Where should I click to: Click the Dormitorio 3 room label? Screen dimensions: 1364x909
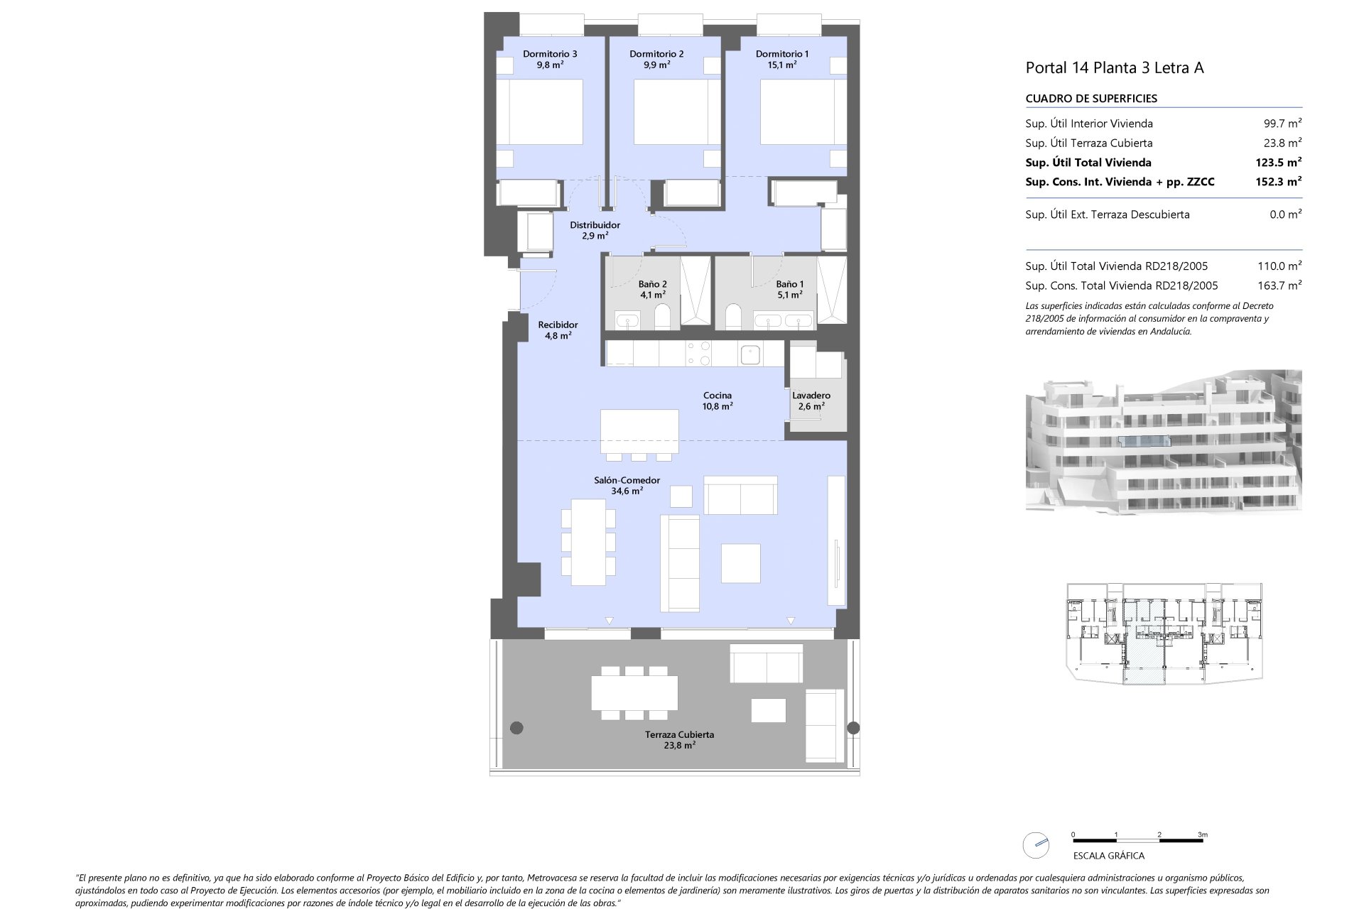pos(550,54)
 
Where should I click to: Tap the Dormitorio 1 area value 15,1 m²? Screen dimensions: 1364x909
pos(782,65)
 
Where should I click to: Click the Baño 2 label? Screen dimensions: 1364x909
pos(652,284)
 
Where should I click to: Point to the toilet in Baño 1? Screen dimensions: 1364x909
pos(734,317)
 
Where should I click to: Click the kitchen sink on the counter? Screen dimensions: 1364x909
pos(750,354)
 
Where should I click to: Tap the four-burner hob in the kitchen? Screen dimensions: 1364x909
pos(696,354)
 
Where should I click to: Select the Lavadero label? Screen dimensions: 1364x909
pos(811,396)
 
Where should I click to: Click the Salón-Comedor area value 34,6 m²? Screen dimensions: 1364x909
pos(627,491)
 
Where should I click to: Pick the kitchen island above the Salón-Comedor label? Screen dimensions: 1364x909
pos(639,431)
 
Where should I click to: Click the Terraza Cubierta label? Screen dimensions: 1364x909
pos(680,734)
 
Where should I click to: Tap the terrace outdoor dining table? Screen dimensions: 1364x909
pos(634,693)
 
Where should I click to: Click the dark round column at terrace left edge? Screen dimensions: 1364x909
pos(516,727)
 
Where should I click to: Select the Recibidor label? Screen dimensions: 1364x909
pos(558,325)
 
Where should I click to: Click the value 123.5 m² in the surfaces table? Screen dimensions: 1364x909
pos(1278,163)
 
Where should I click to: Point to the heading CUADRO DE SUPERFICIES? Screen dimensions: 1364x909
pos(1091,99)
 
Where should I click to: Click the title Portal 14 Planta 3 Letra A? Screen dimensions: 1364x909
pos(1115,68)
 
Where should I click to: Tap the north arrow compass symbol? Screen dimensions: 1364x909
pos(1036,845)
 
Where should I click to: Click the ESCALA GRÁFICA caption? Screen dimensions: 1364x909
pos(1108,856)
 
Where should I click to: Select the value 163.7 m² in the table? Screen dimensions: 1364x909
pos(1279,285)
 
